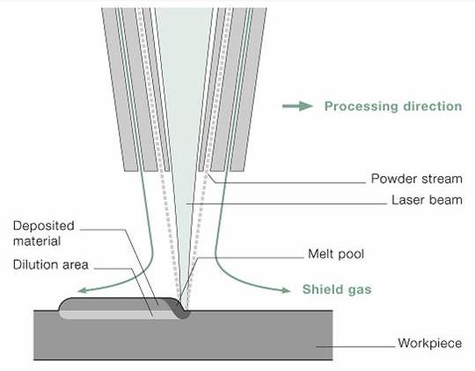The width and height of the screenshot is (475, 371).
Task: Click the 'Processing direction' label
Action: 392,107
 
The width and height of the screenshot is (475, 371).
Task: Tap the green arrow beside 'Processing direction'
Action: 296,107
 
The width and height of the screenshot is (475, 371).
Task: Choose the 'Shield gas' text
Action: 336,288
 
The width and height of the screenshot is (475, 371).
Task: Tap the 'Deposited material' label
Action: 41,232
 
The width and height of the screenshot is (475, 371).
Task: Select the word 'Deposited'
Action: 41,224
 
